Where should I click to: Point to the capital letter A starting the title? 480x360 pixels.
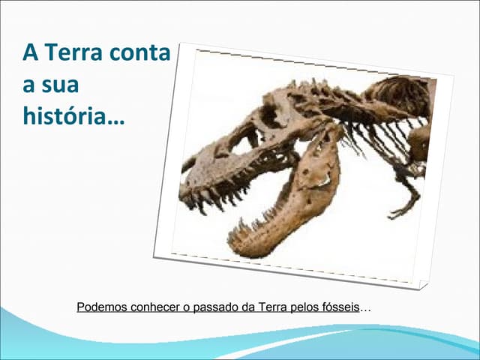30,53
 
